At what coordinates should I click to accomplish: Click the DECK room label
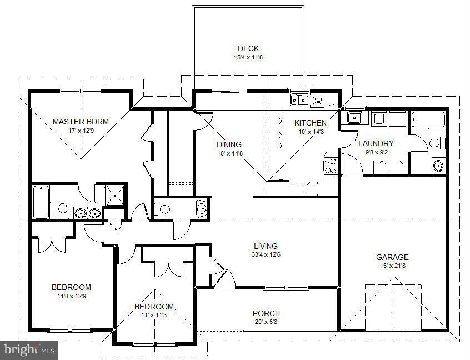click(248, 48)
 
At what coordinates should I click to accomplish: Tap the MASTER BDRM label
click(81, 122)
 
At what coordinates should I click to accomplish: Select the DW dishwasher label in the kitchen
click(317, 101)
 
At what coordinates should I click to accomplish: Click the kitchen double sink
click(300, 101)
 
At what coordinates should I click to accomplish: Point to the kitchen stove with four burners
click(331, 165)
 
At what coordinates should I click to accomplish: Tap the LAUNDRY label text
click(376, 143)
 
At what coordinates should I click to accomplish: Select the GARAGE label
click(392, 257)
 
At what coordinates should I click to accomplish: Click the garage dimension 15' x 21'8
click(392, 266)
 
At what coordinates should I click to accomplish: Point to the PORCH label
click(266, 313)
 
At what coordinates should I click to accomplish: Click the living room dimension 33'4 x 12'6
click(266, 254)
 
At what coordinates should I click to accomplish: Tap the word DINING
click(229, 144)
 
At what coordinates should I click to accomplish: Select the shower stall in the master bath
click(116, 195)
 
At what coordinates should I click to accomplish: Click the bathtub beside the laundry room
click(428, 120)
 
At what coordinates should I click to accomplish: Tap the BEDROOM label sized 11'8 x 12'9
click(71, 287)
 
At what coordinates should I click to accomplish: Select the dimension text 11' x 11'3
click(154, 315)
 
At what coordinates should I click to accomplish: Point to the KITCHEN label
click(310, 123)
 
